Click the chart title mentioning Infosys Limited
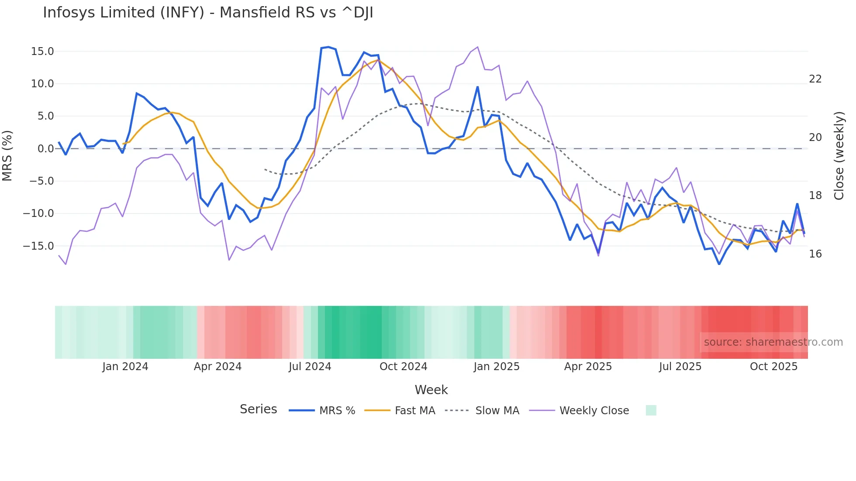click(x=208, y=13)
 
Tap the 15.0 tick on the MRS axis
click(x=42, y=52)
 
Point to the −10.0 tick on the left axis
click(x=38, y=213)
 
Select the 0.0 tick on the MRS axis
click(x=46, y=149)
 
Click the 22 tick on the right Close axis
click(x=815, y=79)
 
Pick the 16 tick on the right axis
click(x=815, y=254)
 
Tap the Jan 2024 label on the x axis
click(x=125, y=367)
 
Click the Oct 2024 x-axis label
click(x=403, y=367)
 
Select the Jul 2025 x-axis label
click(x=680, y=367)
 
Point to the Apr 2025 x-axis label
click(x=588, y=367)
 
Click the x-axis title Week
click(x=431, y=390)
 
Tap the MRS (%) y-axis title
click(x=7, y=156)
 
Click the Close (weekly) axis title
click(x=839, y=156)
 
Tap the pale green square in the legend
click(x=651, y=410)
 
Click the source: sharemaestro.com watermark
click(x=773, y=342)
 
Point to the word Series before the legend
click(x=258, y=409)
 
